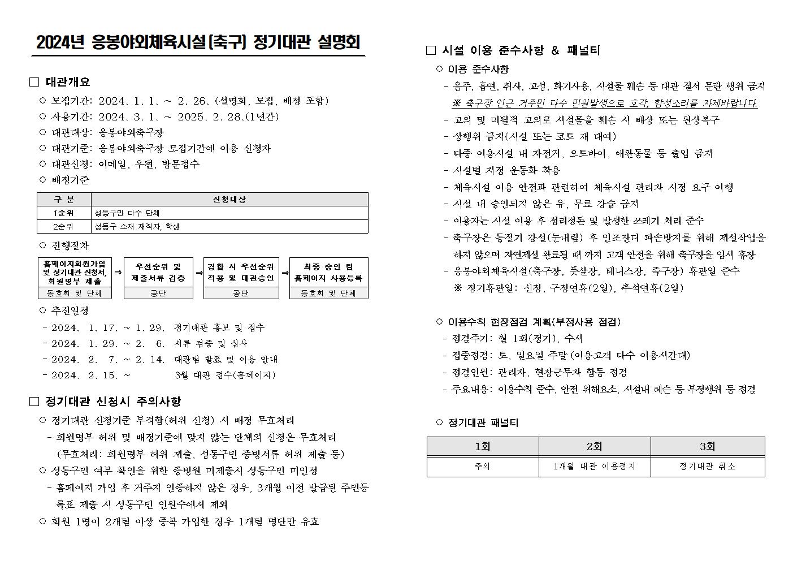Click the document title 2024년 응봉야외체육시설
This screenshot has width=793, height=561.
198,44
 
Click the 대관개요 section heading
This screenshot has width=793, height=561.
67,82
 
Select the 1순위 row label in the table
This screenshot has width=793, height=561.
64,213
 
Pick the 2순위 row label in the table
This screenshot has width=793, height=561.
64,227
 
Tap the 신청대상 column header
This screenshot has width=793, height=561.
229,200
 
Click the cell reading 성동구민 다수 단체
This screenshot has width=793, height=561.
127,213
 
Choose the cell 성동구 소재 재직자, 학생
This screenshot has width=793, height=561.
137,227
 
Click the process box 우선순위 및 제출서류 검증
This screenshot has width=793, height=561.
158,273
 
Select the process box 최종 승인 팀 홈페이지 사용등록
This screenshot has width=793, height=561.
328,273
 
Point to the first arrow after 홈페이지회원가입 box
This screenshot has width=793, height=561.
118,272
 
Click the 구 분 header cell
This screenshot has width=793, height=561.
64,200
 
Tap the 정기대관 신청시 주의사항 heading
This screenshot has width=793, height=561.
113,402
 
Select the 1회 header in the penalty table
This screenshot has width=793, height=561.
483,447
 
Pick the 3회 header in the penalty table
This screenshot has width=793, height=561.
707,447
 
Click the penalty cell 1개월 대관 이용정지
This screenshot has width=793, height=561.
594,467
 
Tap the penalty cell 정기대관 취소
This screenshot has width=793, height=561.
707,467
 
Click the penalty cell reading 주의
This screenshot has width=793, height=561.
483,467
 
